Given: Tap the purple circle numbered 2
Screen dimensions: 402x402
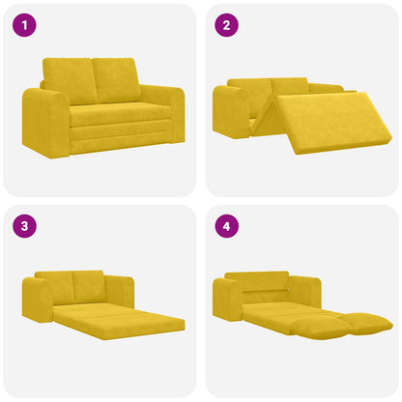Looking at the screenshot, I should [225, 26].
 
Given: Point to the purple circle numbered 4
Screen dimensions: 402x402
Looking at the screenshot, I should [225, 227].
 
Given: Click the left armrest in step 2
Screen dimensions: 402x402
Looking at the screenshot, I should [230, 111].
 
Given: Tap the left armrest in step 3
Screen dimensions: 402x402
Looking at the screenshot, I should [38, 299].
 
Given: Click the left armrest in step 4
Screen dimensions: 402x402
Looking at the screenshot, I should [228, 300].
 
